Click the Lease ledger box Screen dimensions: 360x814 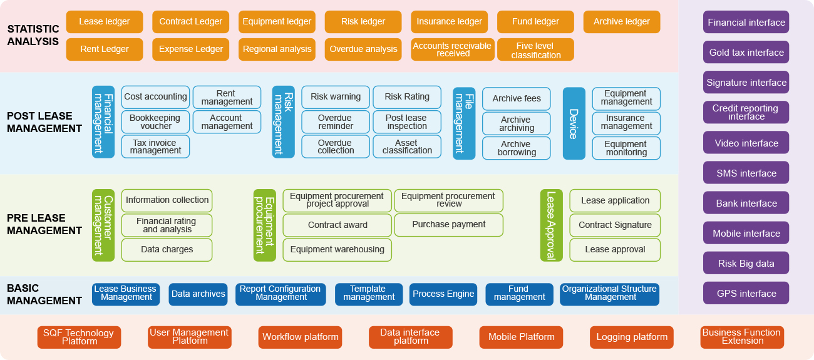(104, 22)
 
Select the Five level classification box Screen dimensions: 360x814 (535, 50)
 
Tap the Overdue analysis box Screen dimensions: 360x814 (363, 49)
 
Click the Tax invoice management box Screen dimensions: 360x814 (155, 147)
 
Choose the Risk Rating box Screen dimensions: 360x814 (407, 97)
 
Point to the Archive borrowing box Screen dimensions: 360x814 (516, 148)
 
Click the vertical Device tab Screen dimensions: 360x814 (574, 123)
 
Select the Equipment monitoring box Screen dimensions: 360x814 (626, 148)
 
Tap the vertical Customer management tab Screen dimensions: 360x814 (103, 225)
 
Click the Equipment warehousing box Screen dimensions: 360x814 (337, 249)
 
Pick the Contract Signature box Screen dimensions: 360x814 (615, 225)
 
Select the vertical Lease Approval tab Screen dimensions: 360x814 (551, 225)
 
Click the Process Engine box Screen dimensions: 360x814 (443, 294)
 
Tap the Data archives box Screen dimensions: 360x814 (198, 294)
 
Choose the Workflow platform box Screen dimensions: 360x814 (300, 337)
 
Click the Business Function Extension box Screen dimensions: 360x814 (741, 337)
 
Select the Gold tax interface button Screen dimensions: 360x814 (746, 53)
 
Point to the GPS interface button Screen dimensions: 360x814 (746, 293)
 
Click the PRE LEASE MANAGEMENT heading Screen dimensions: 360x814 (44, 224)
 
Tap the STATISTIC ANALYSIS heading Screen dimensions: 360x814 (33, 35)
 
